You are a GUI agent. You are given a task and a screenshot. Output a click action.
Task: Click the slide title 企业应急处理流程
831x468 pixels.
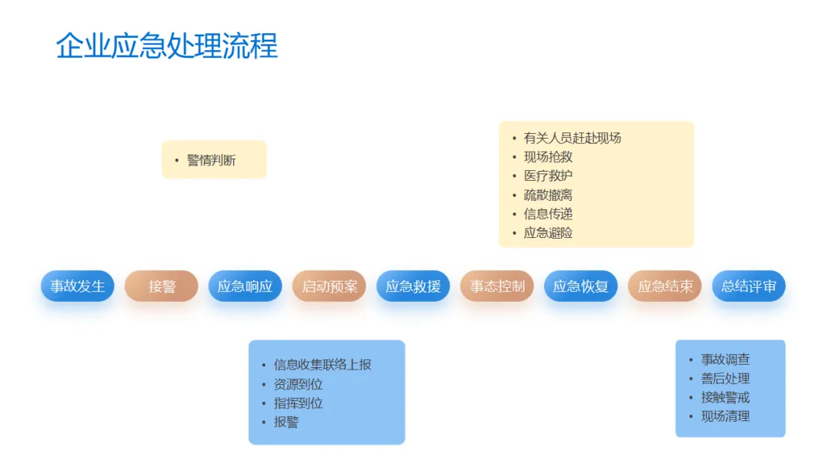pos(166,46)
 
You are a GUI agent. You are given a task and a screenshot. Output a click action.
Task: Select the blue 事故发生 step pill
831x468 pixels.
pos(78,286)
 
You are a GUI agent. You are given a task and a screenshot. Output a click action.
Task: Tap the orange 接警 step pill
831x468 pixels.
pos(162,286)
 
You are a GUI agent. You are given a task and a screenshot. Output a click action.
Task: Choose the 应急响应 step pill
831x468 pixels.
pos(245,286)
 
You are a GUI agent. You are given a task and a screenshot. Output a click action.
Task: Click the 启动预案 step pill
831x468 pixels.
pos(329,286)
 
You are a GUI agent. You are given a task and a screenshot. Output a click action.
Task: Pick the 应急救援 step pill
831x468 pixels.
pos(413,286)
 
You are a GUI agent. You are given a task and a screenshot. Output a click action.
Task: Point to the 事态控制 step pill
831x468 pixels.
pos(497,286)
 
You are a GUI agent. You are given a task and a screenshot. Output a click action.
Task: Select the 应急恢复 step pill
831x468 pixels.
pos(581,286)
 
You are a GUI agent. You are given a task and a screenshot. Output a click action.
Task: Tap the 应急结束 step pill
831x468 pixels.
pos(665,286)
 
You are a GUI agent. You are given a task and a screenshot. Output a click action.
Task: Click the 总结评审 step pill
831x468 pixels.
pos(749,286)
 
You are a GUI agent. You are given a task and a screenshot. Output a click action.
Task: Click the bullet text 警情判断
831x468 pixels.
pos(212,160)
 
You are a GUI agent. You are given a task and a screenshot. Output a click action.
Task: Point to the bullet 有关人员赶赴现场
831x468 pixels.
pos(572,139)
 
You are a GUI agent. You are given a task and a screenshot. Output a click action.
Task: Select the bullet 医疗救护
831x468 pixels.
pos(548,176)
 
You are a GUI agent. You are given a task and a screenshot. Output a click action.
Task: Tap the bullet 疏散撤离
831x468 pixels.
pos(548,196)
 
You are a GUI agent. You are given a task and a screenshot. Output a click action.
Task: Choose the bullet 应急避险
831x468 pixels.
pos(548,233)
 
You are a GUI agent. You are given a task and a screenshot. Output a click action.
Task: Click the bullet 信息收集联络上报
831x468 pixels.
pos(322,365)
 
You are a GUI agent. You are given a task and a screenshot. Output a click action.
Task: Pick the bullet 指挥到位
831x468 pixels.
pos(298,403)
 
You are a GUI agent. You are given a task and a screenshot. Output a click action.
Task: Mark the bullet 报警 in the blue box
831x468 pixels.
pos(285,423)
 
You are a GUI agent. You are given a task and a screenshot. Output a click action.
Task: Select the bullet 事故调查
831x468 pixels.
pos(725,359)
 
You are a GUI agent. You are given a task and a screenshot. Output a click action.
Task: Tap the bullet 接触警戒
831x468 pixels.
pos(725,398)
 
